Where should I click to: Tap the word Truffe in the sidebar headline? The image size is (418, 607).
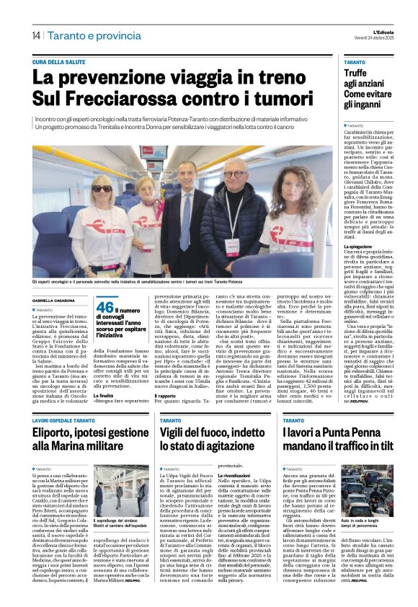point(355,73)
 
